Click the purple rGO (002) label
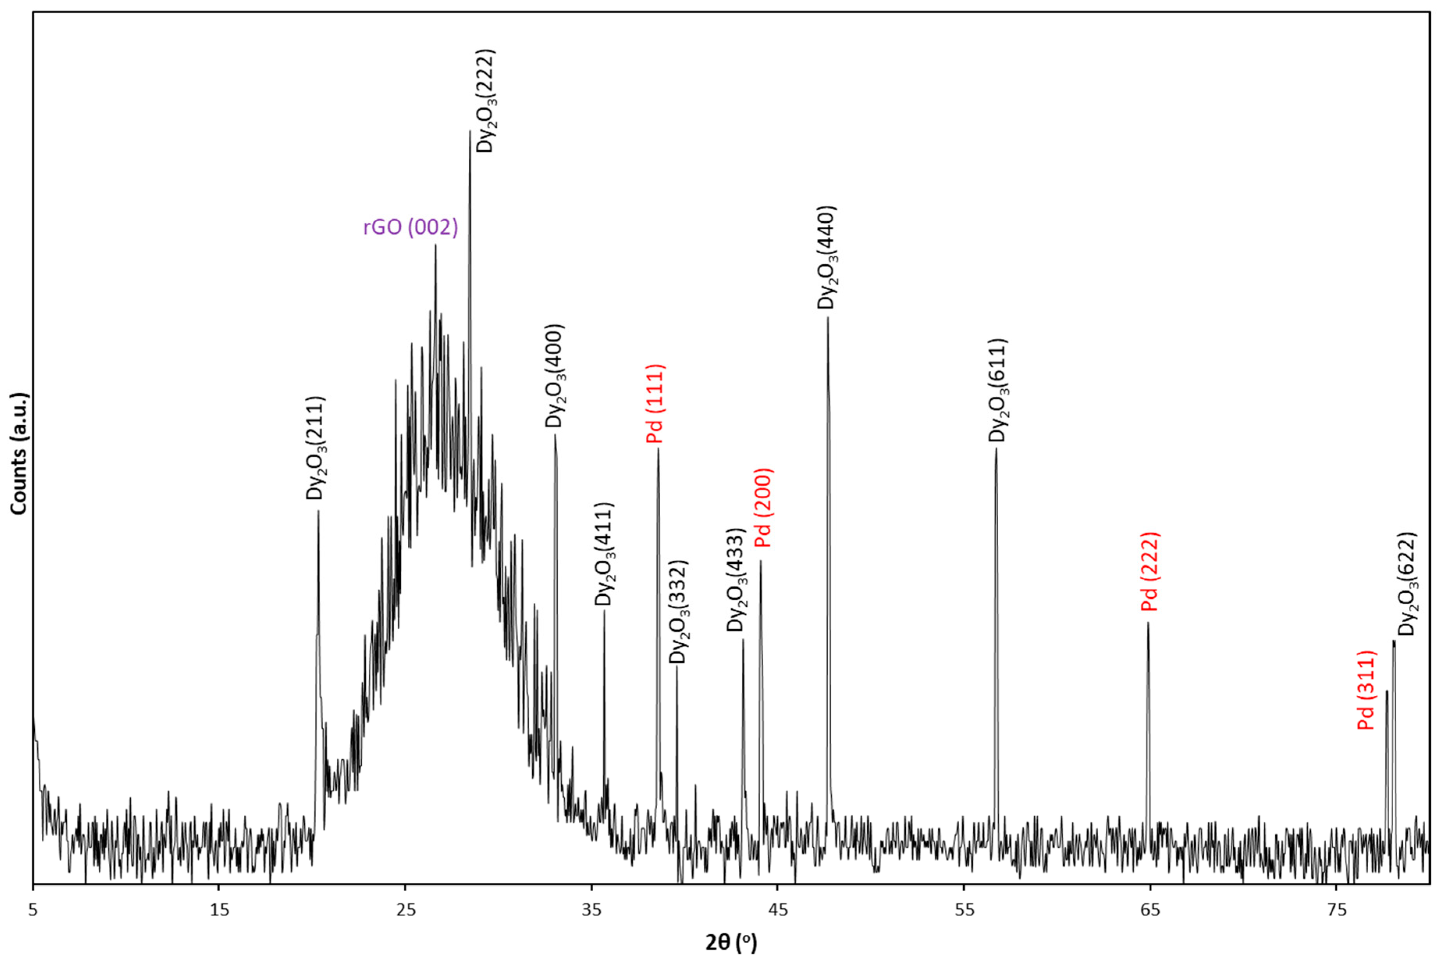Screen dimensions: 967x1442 pyautogui.click(x=411, y=228)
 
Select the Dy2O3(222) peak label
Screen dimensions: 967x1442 pyautogui.click(x=486, y=101)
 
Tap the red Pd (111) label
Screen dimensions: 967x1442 pyautogui.click(x=655, y=404)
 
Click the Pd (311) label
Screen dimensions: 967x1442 pyautogui.click(x=1366, y=690)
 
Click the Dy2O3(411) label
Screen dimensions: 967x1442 pyautogui.click(x=604, y=554)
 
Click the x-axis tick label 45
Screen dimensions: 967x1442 pyautogui.click(x=778, y=911)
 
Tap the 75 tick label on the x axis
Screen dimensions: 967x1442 pyautogui.click(x=1336, y=911)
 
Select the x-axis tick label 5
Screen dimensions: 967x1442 pyautogui.click(x=33, y=911)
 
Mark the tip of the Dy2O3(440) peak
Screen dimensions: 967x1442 pyautogui.click(x=827, y=318)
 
